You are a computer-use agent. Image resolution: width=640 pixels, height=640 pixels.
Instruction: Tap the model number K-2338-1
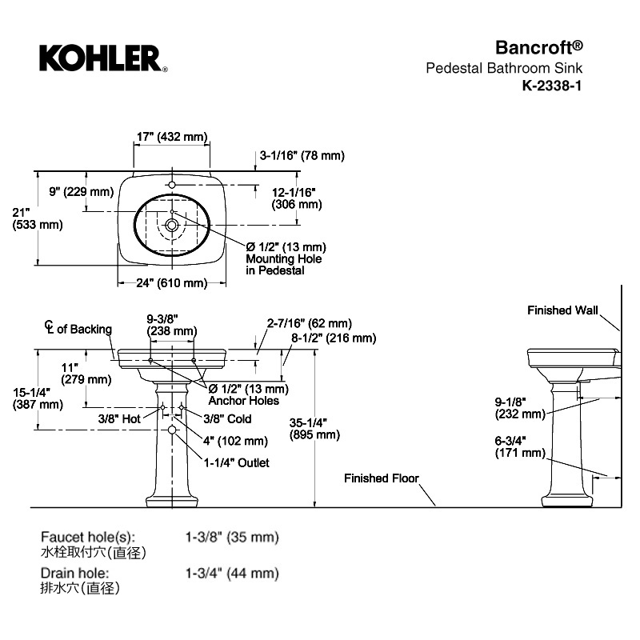point(552,86)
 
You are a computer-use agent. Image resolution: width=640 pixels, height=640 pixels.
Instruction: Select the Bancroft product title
point(539,48)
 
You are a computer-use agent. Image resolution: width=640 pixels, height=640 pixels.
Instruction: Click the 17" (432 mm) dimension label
point(172,136)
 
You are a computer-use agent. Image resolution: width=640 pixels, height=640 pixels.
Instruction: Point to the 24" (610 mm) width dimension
point(172,282)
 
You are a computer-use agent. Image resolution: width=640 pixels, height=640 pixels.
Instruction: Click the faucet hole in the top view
point(172,185)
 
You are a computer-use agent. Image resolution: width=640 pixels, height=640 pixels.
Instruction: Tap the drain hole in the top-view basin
point(172,225)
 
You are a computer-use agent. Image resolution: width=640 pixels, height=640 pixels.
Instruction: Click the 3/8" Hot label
point(119,418)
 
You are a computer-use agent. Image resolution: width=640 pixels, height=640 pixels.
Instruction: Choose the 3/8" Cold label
point(227,418)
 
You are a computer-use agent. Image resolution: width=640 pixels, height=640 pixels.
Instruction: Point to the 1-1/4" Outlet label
point(237,463)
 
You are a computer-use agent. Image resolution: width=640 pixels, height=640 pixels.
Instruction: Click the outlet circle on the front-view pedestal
point(172,430)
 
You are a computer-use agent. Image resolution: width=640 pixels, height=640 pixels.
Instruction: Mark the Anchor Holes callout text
point(244,401)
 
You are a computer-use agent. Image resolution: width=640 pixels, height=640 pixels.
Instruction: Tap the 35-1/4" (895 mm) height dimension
point(314,429)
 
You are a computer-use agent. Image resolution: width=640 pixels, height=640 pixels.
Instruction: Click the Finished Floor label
point(382,478)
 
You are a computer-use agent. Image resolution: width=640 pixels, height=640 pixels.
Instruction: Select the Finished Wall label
point(562,310)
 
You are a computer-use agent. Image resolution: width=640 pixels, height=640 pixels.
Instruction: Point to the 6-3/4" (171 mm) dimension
point(521,446)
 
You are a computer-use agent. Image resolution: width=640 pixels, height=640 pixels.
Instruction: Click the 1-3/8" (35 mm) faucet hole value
point(232,537)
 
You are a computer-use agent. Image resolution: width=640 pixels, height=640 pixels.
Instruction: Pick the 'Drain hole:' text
point(74,573)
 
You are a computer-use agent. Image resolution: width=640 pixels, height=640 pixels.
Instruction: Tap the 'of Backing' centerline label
point(85,329)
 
